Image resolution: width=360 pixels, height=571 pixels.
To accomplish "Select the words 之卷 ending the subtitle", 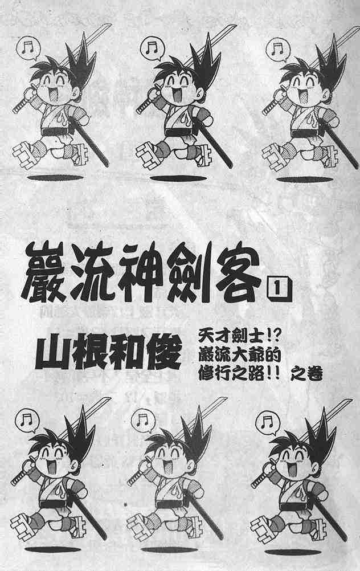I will tap(309, 374).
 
